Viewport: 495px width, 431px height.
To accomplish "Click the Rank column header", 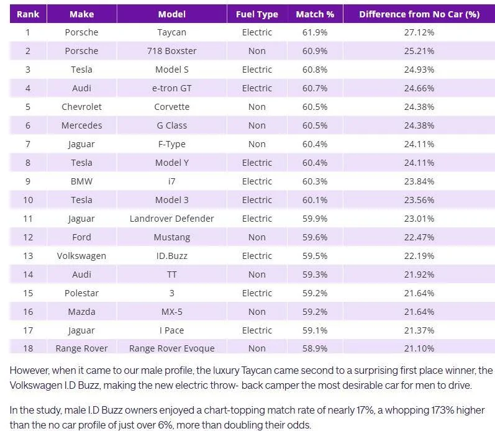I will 27,14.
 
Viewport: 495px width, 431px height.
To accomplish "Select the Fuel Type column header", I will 257,14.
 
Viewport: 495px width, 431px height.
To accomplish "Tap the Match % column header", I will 315,14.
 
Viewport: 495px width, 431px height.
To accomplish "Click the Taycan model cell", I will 171,32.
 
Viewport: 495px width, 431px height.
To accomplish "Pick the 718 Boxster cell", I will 171,51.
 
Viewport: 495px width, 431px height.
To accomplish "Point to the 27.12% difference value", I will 419,32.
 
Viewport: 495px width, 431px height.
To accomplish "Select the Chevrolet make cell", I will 81,107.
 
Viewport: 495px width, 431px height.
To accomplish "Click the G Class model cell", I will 171,125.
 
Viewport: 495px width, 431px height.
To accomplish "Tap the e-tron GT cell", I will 171,88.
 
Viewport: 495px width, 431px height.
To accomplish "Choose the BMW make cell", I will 81,181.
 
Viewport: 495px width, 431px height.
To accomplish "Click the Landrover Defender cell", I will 171,219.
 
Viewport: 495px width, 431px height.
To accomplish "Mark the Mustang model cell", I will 171,237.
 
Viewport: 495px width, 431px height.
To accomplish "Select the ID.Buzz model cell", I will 171,256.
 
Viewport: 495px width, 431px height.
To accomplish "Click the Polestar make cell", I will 81,293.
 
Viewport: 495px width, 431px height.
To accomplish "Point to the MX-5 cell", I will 171,312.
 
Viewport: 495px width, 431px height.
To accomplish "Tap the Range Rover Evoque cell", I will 171,348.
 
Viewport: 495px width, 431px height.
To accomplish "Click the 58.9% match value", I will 315,348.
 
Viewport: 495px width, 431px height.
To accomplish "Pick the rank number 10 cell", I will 27,200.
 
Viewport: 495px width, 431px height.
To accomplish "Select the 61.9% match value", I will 315,32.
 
